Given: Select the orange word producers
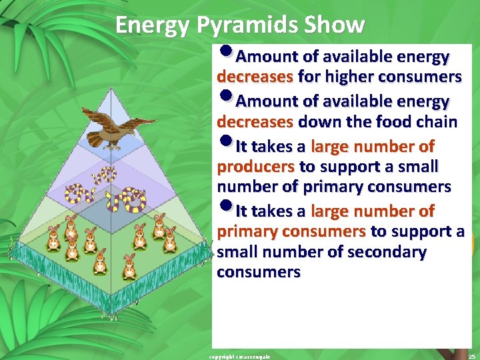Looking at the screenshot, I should (x=256, y=166).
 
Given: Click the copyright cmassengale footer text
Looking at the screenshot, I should (x=240, y=357).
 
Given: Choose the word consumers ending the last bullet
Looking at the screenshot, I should (x=259, y=273).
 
